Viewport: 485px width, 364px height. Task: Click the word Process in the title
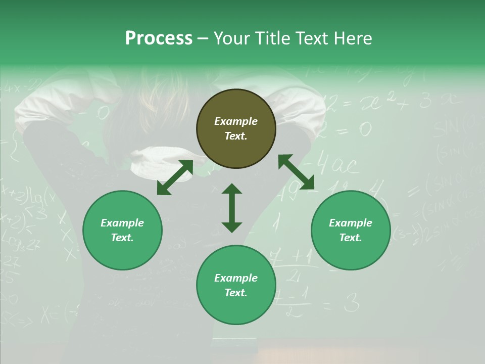[x=159, y=38]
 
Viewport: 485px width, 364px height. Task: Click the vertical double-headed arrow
[x=232, y=208]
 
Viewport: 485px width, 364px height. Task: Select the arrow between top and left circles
[x=175, y=177]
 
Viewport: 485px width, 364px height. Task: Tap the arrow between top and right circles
[x=296, y=172]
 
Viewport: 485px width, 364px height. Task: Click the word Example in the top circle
[x=236, y=121]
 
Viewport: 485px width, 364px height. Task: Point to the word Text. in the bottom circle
[x=236, y=293]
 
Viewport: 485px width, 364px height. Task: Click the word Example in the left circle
[x=122, y=223]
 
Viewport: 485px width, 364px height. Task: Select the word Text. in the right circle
[x=351, y=238]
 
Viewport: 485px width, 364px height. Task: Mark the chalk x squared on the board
[x=374, y=104]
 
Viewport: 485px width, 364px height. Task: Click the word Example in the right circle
[x=351, y=223]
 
